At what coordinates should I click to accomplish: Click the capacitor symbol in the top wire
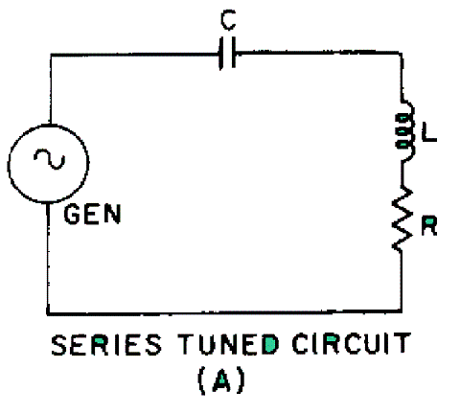[227, 53]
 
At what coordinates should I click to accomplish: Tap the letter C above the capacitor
[228, 20]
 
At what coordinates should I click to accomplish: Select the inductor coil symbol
[405, 130]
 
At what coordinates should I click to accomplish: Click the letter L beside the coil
[429, 131]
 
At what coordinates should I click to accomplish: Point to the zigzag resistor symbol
[402, 218]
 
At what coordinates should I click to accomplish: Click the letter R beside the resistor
[429, 225]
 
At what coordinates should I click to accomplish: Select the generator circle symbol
[48, 164]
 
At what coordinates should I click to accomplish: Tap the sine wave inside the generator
[50, 159]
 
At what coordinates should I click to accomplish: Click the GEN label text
[93, 214]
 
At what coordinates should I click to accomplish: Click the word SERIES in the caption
[106, 344]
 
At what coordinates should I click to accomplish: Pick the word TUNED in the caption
[228, 344]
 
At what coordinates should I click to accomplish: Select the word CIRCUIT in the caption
[352, 344]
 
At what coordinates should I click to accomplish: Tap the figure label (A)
[221, 380]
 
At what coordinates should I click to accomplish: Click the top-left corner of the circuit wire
[51, 55]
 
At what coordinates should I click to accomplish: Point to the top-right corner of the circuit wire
[402, 53]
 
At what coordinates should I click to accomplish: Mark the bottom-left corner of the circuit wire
[48, 313]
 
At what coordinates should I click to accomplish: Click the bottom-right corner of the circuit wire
[402, 310]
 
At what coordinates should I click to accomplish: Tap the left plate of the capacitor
[220, 54]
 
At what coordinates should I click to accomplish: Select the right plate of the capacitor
[234, 53]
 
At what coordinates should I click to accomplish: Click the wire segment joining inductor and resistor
[402, 174]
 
